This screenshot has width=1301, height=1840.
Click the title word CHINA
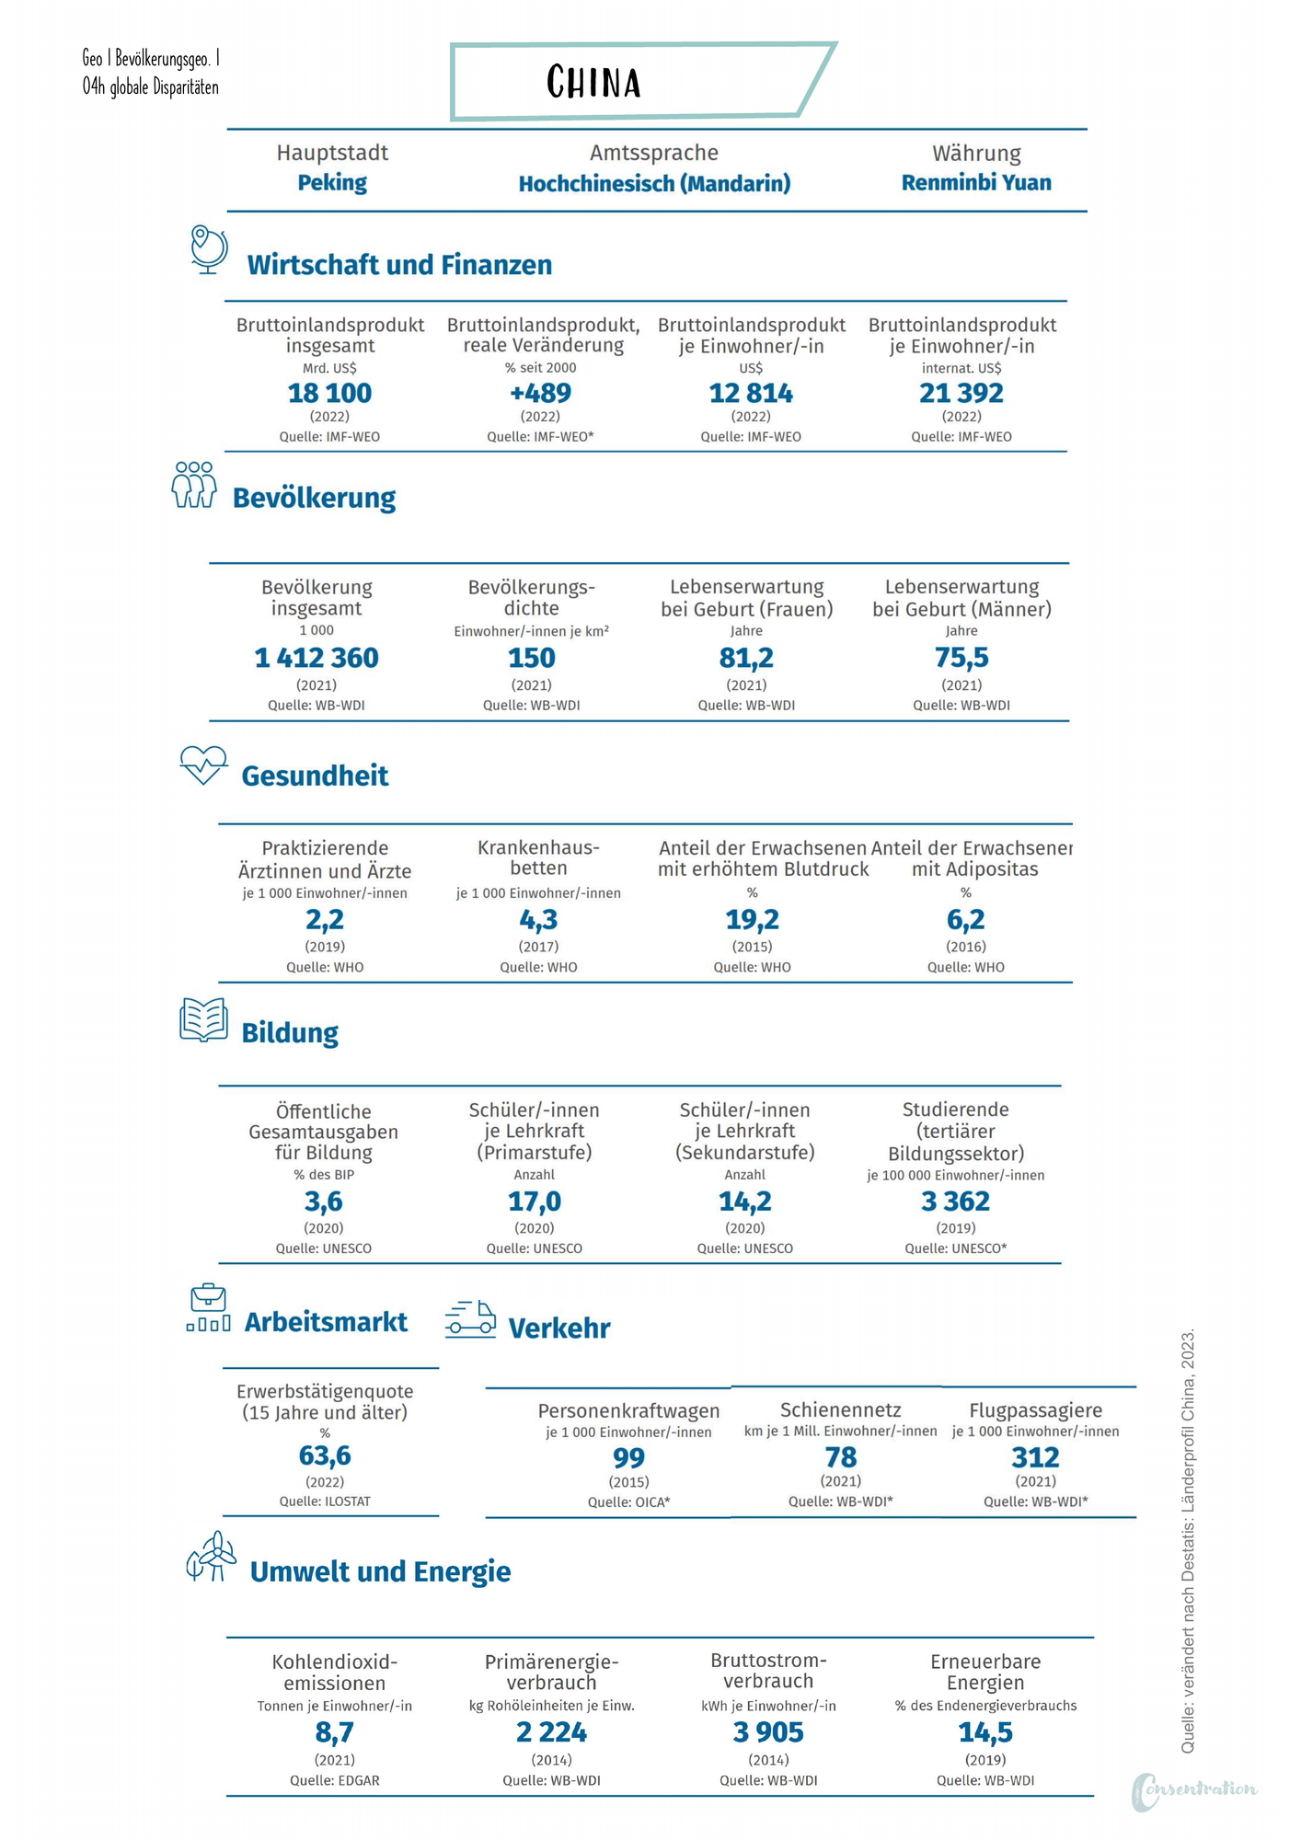coord(593,82)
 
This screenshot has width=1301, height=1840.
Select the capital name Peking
coord(332,182)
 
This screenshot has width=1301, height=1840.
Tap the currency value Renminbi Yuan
coord(976,182)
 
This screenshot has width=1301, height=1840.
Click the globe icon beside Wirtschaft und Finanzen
coord(209,249)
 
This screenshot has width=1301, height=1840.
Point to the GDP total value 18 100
coord(329,393)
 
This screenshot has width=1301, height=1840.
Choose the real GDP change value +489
coord(540,393)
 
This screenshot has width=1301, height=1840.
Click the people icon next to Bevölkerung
coord(194,485)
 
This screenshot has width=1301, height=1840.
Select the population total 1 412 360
coord(317,658)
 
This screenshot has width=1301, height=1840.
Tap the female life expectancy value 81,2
coord(746,658)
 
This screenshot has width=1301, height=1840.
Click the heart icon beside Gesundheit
coord(203,765)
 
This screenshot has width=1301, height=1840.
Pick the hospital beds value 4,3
coord(538,919)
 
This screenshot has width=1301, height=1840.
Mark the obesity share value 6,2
coord(965,919)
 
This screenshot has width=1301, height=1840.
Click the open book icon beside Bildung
coord(203,1020)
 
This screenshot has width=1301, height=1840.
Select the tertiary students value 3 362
coord(955,1201)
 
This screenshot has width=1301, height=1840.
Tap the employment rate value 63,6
coord(325,1455)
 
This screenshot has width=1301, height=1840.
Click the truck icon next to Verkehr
coord(470,1319)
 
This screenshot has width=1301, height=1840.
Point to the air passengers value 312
coord(1035,1457)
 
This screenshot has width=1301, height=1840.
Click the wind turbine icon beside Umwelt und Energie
coord(211,1557)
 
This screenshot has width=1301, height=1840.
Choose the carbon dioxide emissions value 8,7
coord(334,1732)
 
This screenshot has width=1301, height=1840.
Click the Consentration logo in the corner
coord(1193,1790)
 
